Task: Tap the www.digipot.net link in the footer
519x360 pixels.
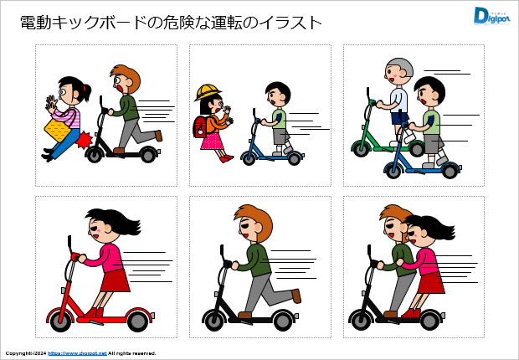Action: [77, 353]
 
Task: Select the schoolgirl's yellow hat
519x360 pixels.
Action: [207, 92]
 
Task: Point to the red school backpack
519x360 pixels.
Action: [200, 127]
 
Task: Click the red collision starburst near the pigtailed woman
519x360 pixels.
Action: [85, 141]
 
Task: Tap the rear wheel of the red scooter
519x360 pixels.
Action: [138, 319]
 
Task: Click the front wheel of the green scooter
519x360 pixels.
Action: [360, 148]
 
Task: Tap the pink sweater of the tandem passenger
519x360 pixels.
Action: [426, 258]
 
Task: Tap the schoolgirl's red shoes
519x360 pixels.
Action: [225, 157]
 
